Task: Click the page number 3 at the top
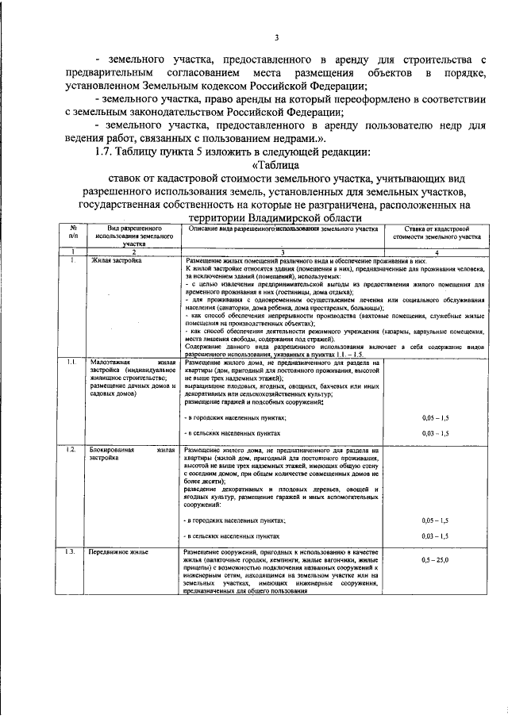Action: pyautogui.click(x=276, y=36)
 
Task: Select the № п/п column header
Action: pyautogui.click(x=72, y=232)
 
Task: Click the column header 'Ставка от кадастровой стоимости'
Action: pyautogui.click(x=437, y=232)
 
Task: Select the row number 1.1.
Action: pyautogui.click(x=71, y=362)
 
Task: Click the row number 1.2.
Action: pyautogui.click(x=71, y=450)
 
